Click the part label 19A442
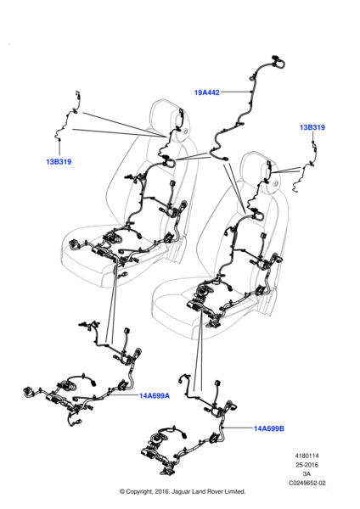pos(207,92)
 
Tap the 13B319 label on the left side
pos(59,162)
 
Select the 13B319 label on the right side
pos(312,127)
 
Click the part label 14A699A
pos(155,395)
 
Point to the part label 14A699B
pos(269,428)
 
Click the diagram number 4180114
pos(307,456)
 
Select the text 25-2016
pos(307,465)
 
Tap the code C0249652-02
pos(307,483)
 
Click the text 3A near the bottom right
pos(307,474)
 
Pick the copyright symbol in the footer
pos(122,491)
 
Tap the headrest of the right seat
pos(262,171)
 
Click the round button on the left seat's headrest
pos(186,131)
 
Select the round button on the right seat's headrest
pos(277,184)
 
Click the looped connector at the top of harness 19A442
pos(278,63)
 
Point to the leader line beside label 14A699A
pos(122,395)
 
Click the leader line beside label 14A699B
pos(239,428)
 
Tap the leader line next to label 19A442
pos(235,92)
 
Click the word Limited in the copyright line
pos(234,491)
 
